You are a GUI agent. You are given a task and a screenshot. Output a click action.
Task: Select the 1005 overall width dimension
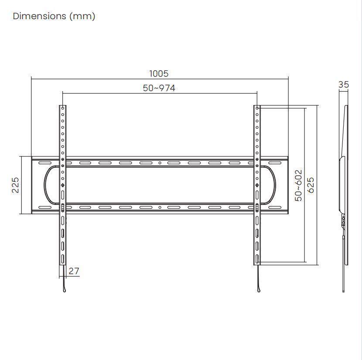pyautogui.click(x=159, y=74)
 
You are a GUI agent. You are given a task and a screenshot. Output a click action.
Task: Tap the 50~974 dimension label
pyautogui.click(x=159, y=88)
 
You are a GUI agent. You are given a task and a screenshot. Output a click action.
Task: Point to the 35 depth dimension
pyautogui.click(x=344, y=85)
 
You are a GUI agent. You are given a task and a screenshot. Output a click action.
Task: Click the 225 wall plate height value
pyautogui.click(x=15, y=185)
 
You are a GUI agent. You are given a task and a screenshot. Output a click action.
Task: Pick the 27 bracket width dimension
pyautogui.click(x=74, y=271)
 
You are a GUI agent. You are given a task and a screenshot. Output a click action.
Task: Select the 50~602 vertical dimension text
pyautogui.click(x=299, y=185)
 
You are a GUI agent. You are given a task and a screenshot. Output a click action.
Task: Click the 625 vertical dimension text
pyautogui.click(x=311, y=185)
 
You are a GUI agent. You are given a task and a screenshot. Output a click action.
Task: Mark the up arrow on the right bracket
pyautogui.click(x=257, y=185)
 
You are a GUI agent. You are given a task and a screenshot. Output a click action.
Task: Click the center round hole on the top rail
pyautogui.click(x=160, y=163)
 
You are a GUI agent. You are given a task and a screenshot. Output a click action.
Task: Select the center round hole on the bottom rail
pyautogui.click(x=160, y=207)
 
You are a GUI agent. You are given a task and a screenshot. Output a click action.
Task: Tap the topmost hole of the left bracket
pyautogui.click(x=62, y=108)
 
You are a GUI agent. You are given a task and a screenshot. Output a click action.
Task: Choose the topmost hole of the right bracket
pyautogui.click(x=257, y=108)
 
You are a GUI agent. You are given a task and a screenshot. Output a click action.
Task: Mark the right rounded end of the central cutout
pyautogui.click(x=274, y=185)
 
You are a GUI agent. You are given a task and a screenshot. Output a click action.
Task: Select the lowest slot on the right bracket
pyautogui.click(x=257, y=260)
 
